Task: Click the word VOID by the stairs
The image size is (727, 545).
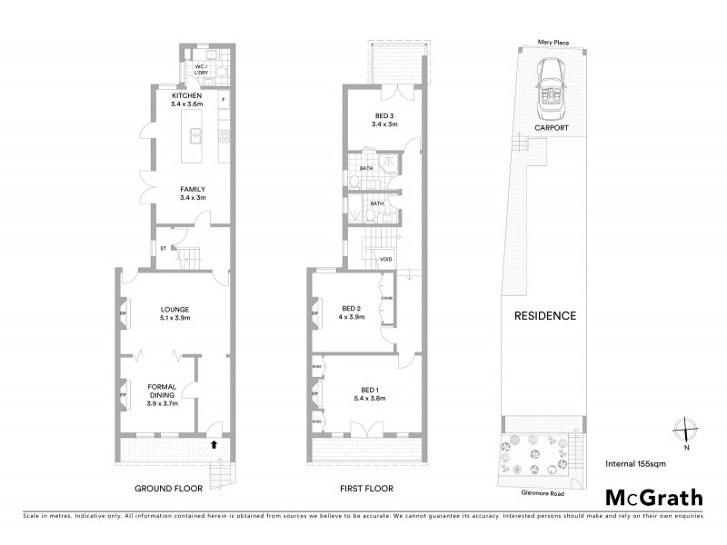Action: [385, 260]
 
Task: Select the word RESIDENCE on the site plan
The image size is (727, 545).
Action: [545, 316]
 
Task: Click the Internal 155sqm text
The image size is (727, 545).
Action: [641, 464]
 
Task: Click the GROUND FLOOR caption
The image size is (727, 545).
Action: [168, 488]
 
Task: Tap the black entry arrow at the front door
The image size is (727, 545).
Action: [214, 444]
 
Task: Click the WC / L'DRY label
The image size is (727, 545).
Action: [200, 70]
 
